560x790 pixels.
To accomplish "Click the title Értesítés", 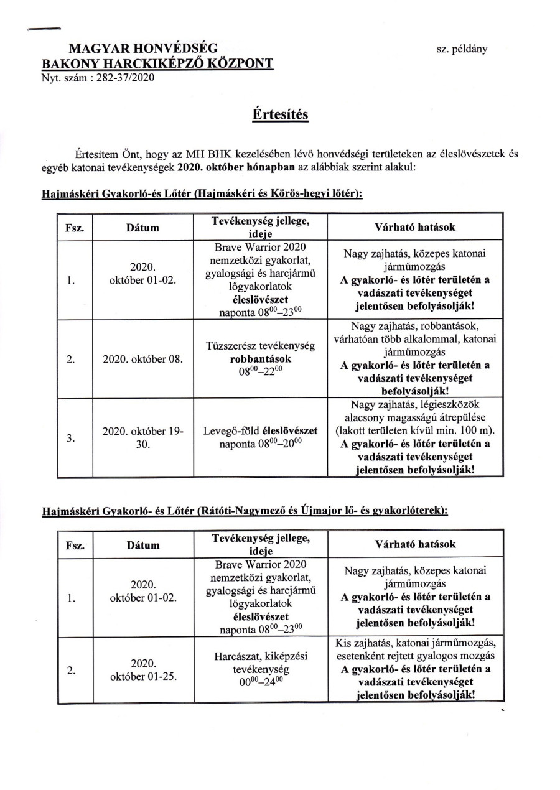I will click(280, 116).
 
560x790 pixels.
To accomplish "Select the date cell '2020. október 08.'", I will click(143, 360).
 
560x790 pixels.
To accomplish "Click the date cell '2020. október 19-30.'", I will click(143, 438).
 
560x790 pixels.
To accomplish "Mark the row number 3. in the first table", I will click(70, 438).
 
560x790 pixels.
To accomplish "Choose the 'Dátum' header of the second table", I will click(143, 545).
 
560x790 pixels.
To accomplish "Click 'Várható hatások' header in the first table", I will click(415, 227).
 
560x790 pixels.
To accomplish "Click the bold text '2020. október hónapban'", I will click(230, 168).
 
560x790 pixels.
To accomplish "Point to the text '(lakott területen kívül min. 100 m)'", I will click(415, 430).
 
